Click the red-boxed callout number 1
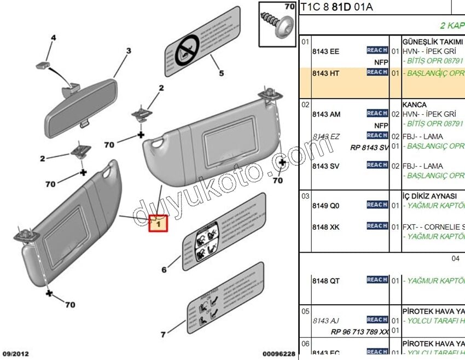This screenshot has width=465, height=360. (x=158, y=223)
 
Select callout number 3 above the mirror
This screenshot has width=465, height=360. (x=129, y=51)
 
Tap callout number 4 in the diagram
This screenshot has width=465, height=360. (x=54, y=38)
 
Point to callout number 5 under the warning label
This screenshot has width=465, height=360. (x=222, y=73)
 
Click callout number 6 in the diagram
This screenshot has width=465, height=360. (x=164, y=269)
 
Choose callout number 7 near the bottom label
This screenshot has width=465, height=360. (x=163, y=334)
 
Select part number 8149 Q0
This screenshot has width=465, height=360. (x=326, y=206)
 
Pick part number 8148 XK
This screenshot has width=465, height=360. (x=326, y=227)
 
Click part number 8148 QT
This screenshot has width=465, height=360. (x=326, y=281)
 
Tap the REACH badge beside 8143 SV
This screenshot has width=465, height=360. (x=377, y=165)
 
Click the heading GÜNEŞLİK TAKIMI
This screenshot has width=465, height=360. (x=429, y=42)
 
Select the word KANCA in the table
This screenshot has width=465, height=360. (x=414, y=104)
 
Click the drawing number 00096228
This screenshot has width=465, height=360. (x=278, y=354)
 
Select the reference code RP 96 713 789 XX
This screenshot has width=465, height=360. (x=360, y=332)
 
